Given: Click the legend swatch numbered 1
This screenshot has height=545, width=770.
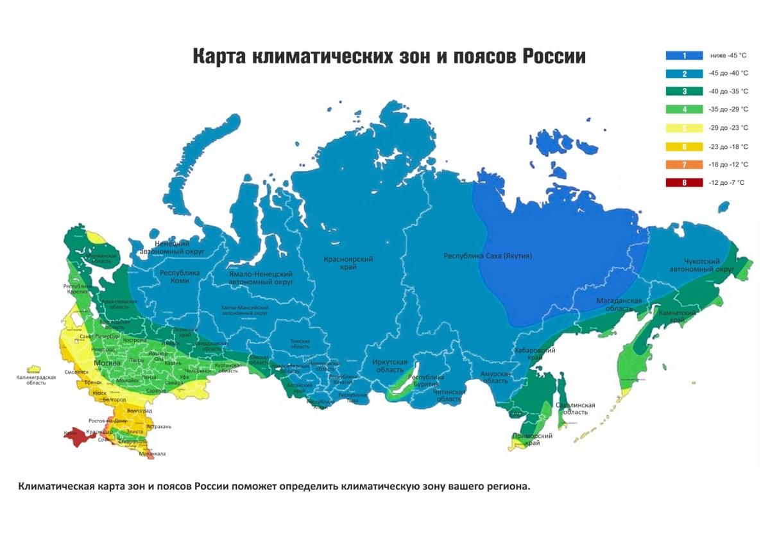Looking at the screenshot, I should (684, 55).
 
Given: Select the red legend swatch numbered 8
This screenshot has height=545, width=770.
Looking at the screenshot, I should (684, 183).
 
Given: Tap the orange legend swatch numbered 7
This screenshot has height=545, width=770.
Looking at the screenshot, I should (684, 165).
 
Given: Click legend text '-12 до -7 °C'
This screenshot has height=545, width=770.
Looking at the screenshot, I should (726, 183).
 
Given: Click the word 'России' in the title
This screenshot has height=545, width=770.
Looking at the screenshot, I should (552, 56).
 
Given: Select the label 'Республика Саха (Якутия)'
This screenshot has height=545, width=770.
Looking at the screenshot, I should (488, 256).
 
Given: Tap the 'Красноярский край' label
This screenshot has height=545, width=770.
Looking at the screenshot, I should (348, 263).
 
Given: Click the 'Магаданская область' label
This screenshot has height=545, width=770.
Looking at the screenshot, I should (619, 304).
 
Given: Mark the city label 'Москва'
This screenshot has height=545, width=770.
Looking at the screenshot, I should (107, 363).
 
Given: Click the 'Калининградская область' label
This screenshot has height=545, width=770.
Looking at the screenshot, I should (36, 380).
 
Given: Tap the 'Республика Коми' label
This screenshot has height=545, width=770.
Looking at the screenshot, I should (180, 277).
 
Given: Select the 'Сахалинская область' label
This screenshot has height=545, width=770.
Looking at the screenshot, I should (575, 408).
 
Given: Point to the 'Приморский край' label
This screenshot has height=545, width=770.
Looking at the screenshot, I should (533, 440).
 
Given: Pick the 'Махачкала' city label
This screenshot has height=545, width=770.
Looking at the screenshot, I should (152, 454).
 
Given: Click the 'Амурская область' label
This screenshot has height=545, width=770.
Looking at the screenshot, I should (495, 377).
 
